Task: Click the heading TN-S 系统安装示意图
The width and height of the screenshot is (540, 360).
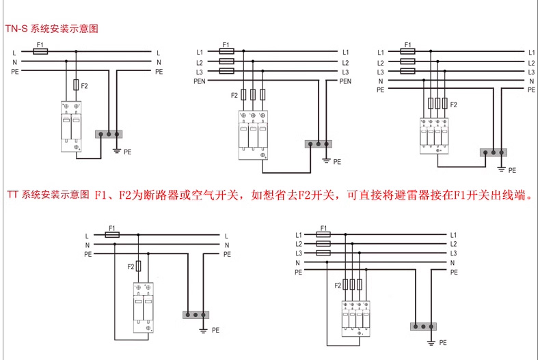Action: (x=53, y=29)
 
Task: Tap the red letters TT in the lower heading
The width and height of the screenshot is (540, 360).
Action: (x=13, y=195)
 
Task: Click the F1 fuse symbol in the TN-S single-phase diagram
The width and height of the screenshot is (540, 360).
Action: (x=40, y=52)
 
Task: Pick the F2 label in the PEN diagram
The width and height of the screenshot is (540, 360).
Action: (x=234, y=94)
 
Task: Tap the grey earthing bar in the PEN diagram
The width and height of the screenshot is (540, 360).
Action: (x=318, y=143)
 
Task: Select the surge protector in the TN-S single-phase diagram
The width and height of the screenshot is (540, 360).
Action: (x=71, y=125)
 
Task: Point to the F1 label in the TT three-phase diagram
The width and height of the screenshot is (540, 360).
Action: (x=324, y=228)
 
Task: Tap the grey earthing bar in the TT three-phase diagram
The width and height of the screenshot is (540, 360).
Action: (x=422, y=326)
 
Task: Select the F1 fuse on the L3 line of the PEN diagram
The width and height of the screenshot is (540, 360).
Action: (x=227, y=71)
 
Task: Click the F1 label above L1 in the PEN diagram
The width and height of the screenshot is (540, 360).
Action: (x=226, y=45)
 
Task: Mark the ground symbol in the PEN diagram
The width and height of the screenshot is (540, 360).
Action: (x=326, y=161)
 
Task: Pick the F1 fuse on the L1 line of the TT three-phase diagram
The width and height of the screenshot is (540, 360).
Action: (x=323, y=234)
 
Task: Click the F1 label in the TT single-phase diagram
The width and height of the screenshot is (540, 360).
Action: (x=113, y=228)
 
